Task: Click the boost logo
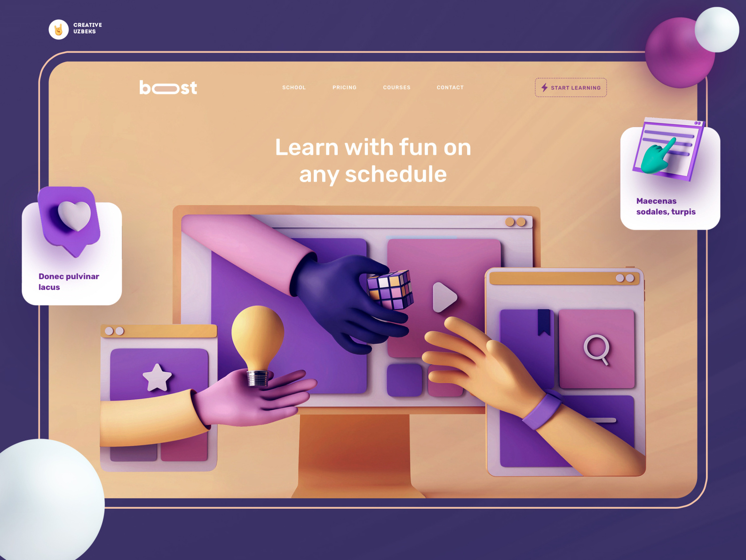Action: pos(168,88)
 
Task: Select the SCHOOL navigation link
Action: pos(294,88)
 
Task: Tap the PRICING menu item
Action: pos(344,88)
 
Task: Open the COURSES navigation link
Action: pos(397,88)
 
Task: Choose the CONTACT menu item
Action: pos(450,88)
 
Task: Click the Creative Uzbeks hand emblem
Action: pos(58,30)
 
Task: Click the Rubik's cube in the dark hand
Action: pos(391,289)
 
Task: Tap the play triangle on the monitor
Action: pos(444,297)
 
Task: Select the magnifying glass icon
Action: pos(596,350)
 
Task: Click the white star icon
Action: pos(157,378)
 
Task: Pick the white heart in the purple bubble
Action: pos(74,216)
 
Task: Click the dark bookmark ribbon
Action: pos(544,322)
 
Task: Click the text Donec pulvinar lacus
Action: pos(69,281)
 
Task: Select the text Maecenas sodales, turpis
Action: pos(666,207)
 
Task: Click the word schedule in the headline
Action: pos(396,174)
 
